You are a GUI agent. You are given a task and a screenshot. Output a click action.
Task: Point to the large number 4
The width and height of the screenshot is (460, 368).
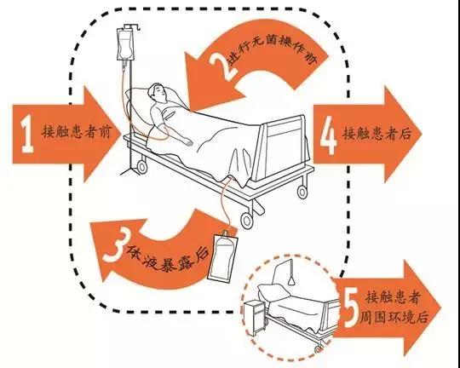[328, 134]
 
